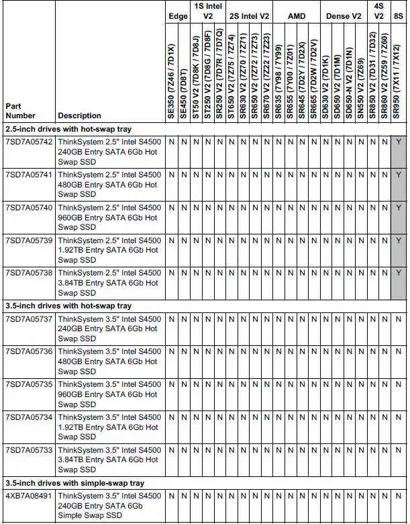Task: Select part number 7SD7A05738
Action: pos(28,273)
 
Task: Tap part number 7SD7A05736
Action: pos(28,352)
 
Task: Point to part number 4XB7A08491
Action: pos(28,496)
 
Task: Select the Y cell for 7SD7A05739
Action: pos(399,240)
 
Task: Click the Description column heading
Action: pos(79,116)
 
